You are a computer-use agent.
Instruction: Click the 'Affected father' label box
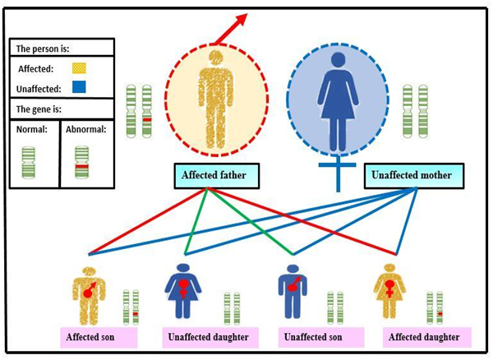tap(210, 174)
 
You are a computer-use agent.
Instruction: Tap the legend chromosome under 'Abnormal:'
tap(81, 163)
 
